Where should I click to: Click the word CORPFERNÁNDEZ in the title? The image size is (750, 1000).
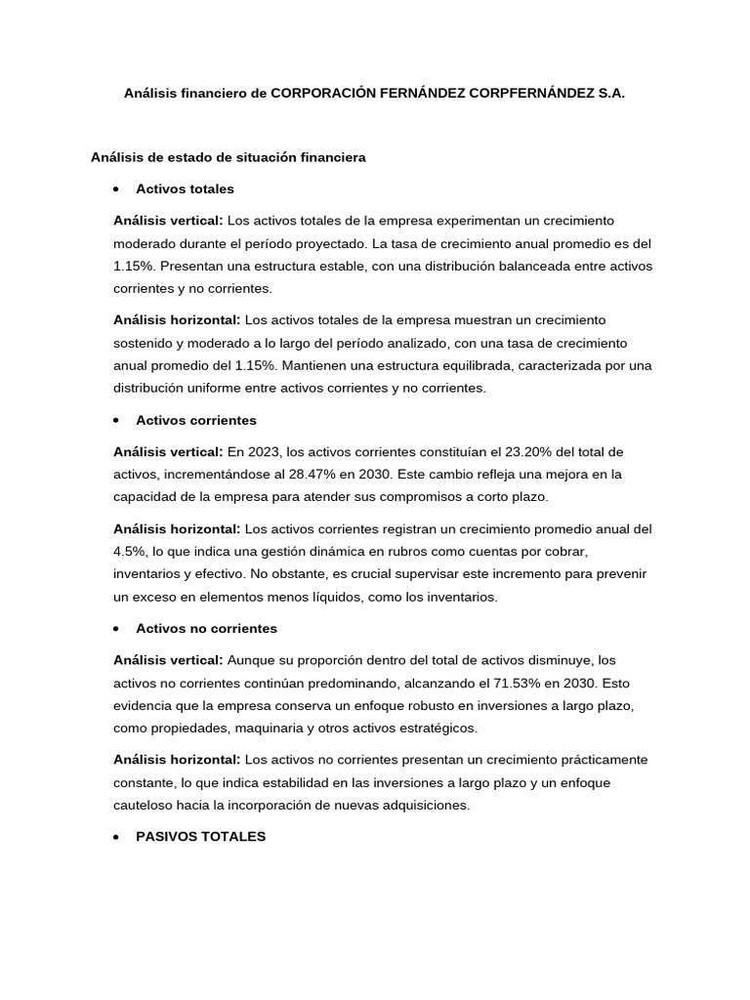point(534,94)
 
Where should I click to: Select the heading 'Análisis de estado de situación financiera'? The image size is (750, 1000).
point(228,156)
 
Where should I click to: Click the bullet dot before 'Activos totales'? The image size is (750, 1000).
point(116,188)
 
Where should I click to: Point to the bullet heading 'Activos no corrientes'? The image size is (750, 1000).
point(206,628)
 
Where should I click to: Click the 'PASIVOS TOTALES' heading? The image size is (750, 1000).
point(200,837)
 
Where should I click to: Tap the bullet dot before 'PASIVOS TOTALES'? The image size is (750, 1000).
point(116,837)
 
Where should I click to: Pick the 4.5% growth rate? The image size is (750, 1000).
point(128,551)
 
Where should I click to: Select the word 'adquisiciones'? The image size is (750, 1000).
point(426,805)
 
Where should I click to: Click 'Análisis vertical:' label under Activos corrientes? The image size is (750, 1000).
point(168,451)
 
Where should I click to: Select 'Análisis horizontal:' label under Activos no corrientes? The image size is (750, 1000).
point(177,759)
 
